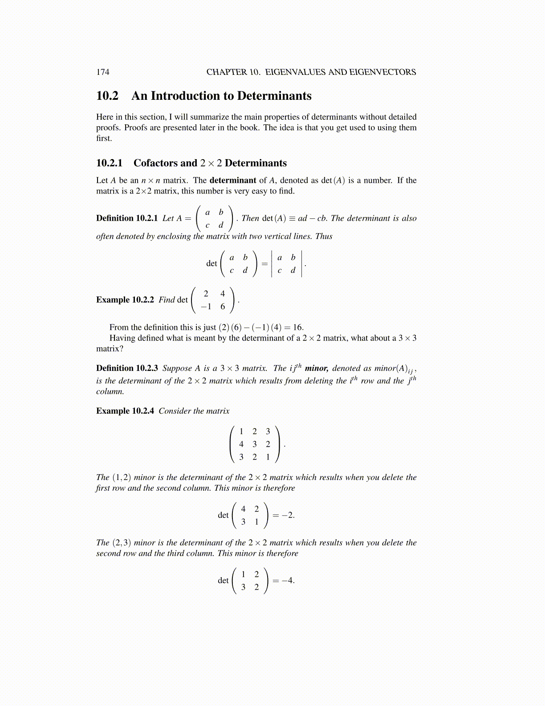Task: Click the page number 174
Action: point(102,72)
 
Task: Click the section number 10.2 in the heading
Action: point(107,96)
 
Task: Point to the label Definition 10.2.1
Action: point(127,218)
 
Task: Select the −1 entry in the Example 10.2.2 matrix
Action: point(206,307)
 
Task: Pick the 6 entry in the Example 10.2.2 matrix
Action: point(223,307)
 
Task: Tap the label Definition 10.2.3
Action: point(127,368)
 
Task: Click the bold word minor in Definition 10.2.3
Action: point(316,368)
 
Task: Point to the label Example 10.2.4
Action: point(125,411)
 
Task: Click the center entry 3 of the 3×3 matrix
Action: point(255,444)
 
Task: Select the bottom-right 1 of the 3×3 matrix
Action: point(268,457)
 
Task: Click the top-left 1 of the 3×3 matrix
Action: point(241,431)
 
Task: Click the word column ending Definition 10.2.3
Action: point(110,392)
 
